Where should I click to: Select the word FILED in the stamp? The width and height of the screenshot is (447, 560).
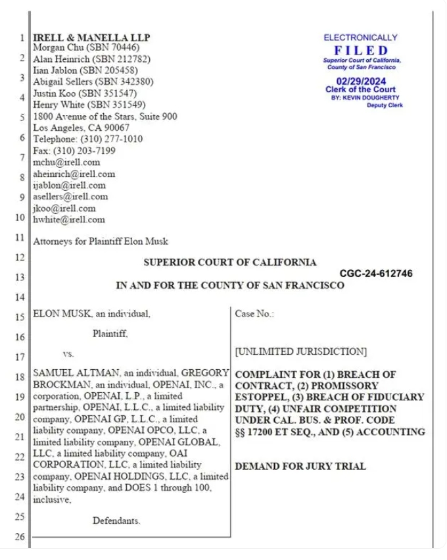(x=360, y=50)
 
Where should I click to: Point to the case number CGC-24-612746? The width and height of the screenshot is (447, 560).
(x=376, y=273)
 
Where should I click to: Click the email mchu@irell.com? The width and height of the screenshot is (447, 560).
(x=66, y=162)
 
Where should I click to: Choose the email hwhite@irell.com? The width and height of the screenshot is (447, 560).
(x=68, y=220)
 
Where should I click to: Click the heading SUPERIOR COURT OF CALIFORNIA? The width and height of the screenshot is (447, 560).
(x=229, y=262)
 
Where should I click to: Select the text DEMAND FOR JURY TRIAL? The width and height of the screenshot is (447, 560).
(x=300, y=467)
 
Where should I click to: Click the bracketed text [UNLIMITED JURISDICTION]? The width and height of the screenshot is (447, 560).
(x=300, y=351)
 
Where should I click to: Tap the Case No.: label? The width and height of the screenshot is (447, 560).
(x=254, y=314)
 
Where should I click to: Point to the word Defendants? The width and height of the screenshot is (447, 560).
(x=116, y=521)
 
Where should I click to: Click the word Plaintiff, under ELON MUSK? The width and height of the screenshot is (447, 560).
(x=110, y=334)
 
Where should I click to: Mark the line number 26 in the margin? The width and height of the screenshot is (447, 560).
(x=20, y=537)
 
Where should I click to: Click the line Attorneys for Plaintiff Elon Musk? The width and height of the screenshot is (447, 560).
(x=101, y=242)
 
